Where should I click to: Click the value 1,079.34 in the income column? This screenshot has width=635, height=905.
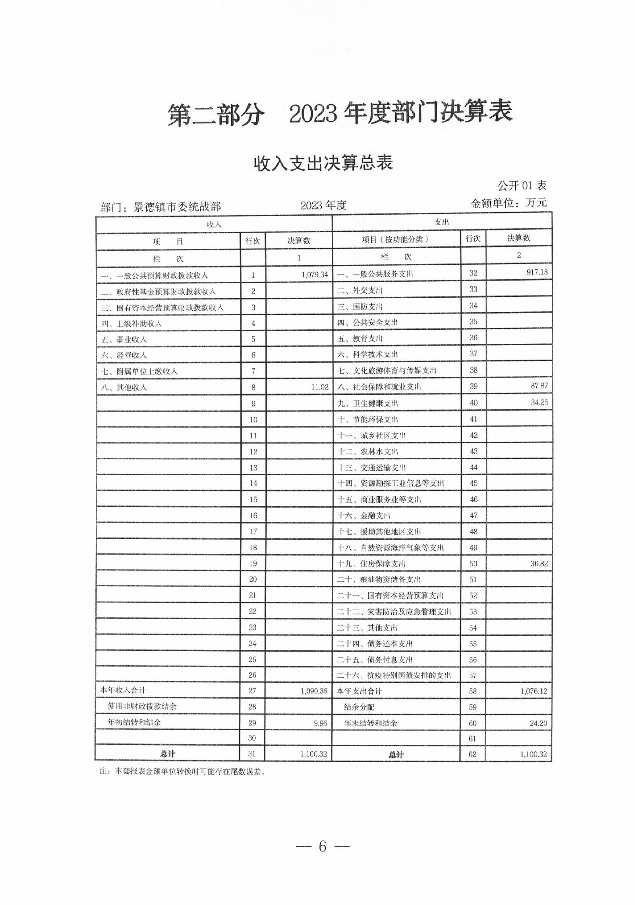pos(315,274)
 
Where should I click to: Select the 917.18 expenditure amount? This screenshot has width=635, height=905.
pos(537,272)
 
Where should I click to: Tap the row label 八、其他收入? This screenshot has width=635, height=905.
pos(124,387)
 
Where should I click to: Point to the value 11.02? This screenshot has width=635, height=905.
pos(319,387)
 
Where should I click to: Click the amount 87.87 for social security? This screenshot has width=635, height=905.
pos(539,386)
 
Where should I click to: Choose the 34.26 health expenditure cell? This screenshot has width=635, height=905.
pos(539,402)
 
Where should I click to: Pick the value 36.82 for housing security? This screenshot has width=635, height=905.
pos(539,563)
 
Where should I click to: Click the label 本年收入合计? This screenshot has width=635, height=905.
pos(123,690)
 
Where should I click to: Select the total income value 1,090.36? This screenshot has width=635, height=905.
pos(314,691)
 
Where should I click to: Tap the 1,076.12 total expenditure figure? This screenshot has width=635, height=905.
pos(533,691)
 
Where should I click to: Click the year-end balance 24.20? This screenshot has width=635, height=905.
pos(538,723)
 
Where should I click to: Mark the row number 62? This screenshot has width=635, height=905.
pos(472,754)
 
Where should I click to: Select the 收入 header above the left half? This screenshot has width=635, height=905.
pos(214,224)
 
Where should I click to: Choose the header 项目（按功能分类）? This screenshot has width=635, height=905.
pos(395,239)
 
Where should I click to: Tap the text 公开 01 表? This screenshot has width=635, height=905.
pos(522,186)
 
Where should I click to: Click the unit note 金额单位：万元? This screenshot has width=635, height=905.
pos(508,203)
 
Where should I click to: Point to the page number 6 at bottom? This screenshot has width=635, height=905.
pos(323,846)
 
